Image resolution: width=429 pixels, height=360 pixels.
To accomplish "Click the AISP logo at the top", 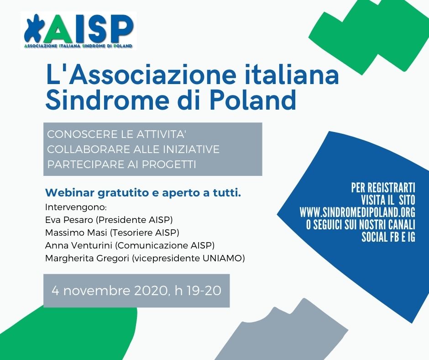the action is [x=78, y=31].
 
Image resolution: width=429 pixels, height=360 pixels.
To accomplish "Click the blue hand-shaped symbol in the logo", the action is [x=34, y=28].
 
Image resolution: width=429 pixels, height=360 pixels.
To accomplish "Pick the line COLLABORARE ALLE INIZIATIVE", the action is [x=133, y=149].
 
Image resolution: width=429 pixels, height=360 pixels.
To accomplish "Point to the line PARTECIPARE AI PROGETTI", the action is [x=121, y=164].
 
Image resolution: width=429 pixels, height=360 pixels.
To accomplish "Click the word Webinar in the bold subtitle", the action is [x=70, y=193].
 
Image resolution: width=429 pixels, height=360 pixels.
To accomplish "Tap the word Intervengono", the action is [x=75, y=207].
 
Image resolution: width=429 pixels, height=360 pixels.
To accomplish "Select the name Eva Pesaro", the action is [x=68, y=220].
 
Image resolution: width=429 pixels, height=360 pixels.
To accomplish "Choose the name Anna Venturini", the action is [x=79, y=245].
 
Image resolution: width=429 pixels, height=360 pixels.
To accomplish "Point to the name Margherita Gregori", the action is [x=87, y=258].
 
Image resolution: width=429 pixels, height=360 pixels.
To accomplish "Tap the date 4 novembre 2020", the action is [x=110, y=291].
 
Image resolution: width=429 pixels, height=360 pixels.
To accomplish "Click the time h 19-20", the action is [x=198, y=291].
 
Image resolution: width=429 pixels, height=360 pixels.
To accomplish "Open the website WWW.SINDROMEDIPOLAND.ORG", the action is [x=357, y=212].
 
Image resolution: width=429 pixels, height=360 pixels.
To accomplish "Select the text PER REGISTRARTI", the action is [x=383, y=188].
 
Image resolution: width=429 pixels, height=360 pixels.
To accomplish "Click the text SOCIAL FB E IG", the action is [x=388, y=237].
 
